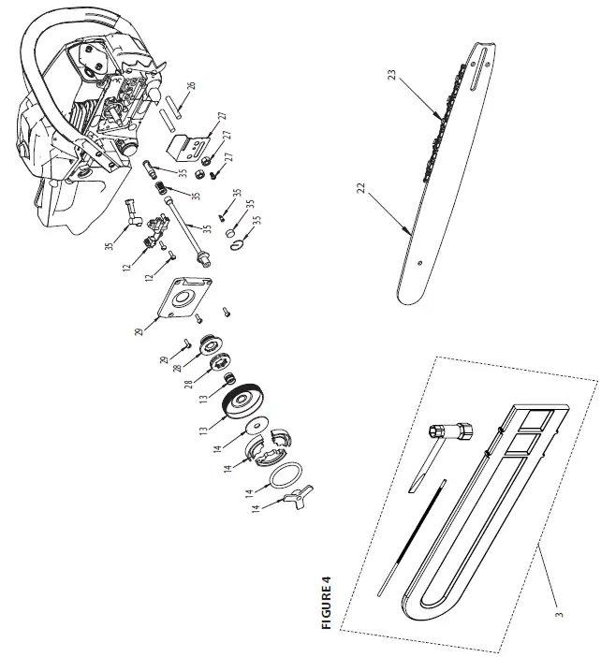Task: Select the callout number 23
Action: tap(393, 73)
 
